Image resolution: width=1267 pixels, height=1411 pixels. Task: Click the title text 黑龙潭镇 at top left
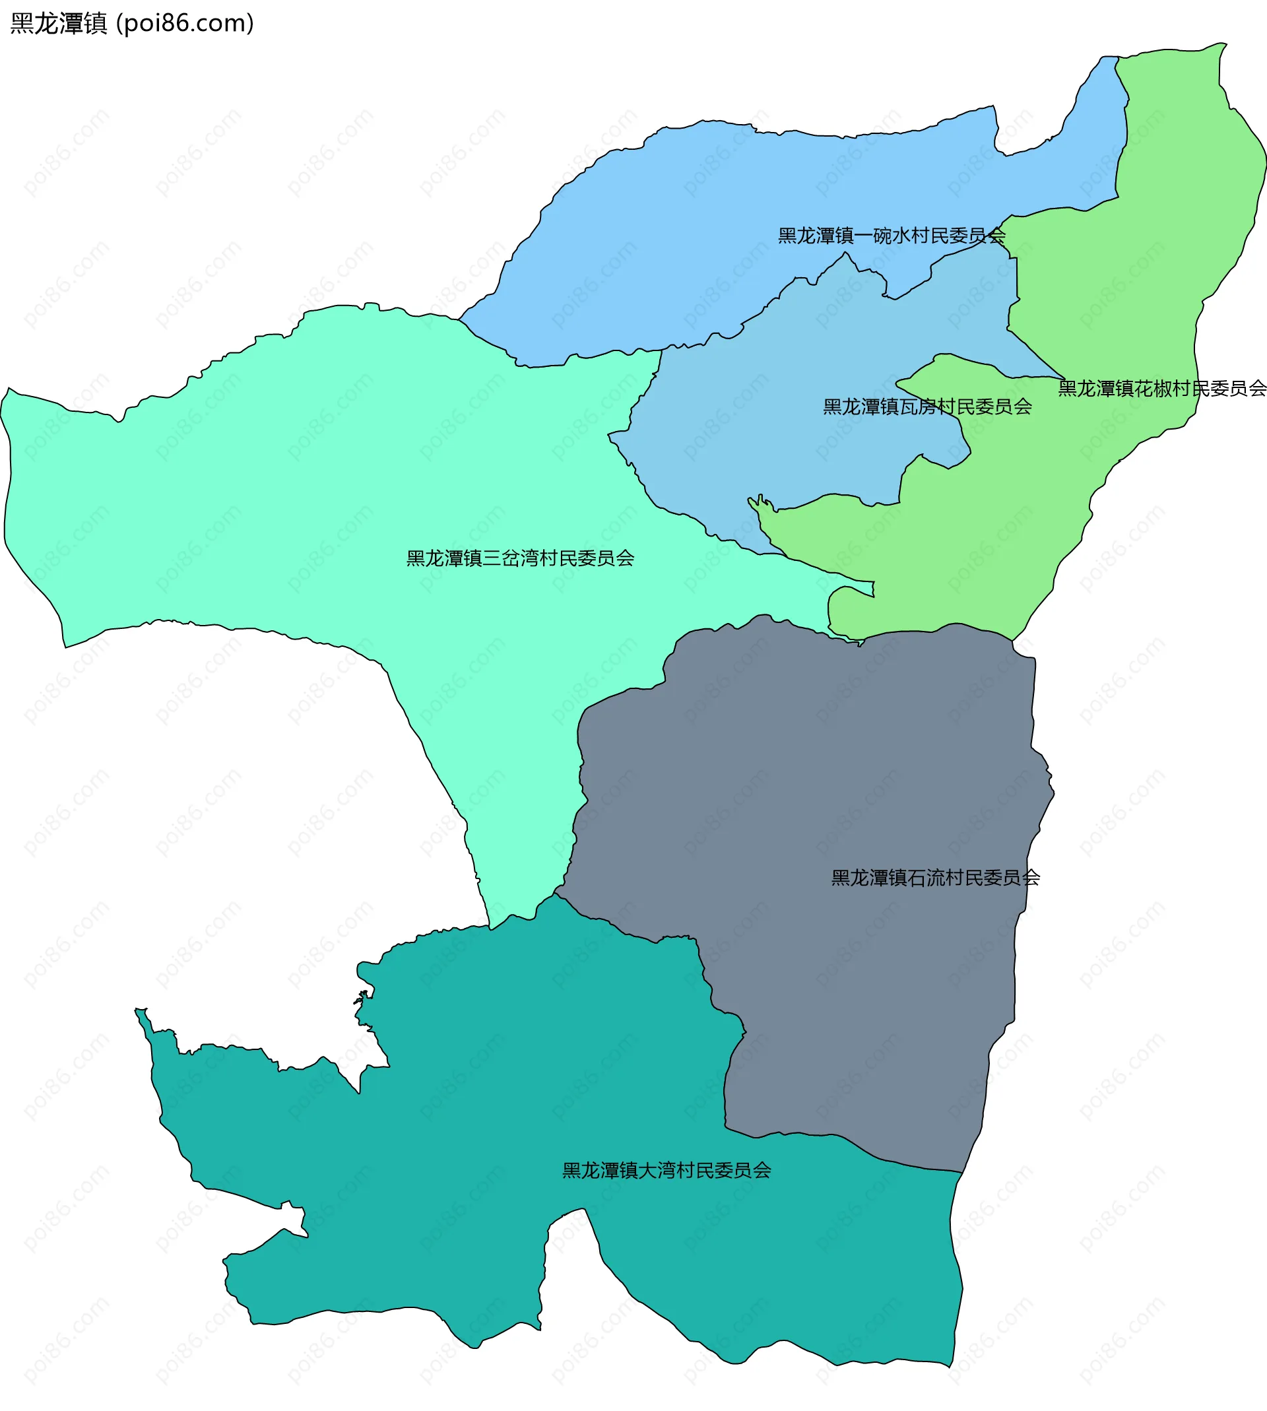click(x=59, y=24)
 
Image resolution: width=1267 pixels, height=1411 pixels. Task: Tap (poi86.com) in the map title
click(x=185, y=24)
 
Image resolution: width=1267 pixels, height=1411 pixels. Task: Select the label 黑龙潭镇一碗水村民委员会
click(x=892, y=236)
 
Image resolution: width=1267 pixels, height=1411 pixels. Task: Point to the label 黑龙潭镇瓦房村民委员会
click(x=927, y=407)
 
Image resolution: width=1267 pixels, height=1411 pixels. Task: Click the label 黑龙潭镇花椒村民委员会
click(x=1162, y=389)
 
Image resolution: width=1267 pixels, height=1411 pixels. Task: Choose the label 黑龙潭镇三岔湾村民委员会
click(x=520, y=558)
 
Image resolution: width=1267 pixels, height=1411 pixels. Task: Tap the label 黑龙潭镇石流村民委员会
click(x=936, y=878)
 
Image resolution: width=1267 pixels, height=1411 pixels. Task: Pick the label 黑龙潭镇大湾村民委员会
click(x=666, y=1170)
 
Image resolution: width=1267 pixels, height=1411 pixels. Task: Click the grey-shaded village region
click(x=800, y=801)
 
